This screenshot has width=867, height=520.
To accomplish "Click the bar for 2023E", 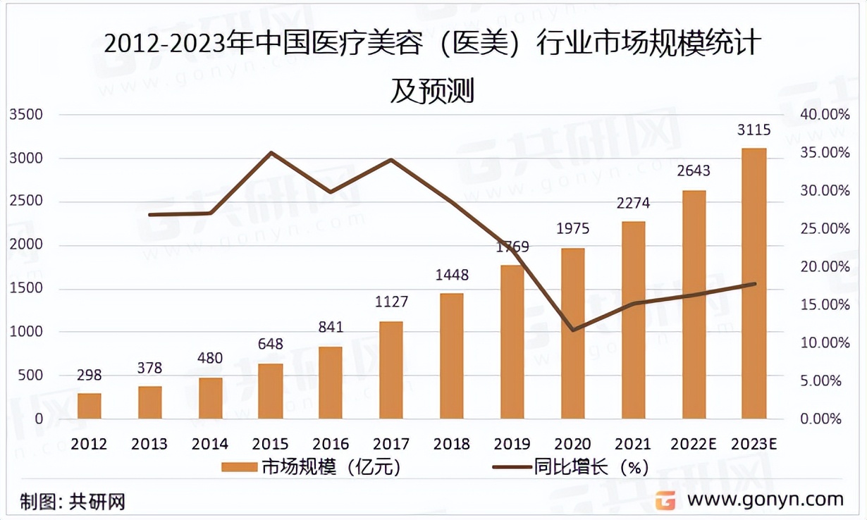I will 754,284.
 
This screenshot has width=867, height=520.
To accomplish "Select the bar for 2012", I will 90,406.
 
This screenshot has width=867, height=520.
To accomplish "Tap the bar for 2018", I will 452,356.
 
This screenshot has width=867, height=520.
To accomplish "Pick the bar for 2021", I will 634,320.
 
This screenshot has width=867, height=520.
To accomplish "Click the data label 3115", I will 754,130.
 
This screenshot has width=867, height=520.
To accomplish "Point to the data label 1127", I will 391,302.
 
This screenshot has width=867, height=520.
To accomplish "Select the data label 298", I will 90,375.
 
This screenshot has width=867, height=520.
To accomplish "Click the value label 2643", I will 694,171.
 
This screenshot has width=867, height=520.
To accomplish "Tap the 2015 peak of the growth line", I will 271,152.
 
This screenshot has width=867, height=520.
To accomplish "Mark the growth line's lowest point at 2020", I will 573,330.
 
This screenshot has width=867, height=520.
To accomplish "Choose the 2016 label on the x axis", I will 331,444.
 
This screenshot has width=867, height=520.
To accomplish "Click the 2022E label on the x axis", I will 694,444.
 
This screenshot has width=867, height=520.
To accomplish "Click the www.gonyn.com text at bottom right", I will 765,500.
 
